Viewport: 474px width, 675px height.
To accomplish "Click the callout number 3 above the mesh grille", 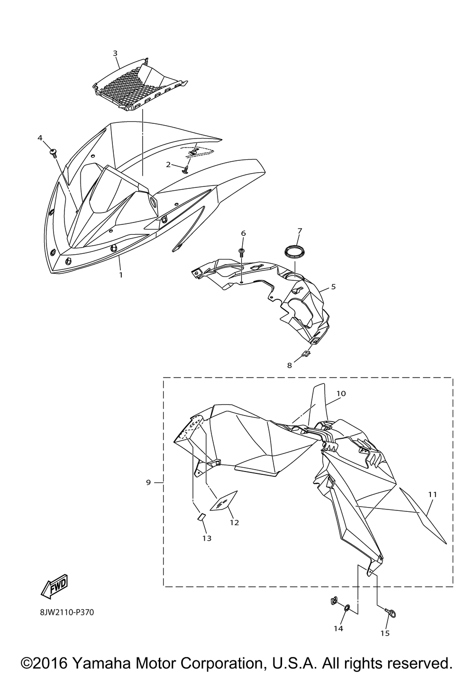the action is (115, 53).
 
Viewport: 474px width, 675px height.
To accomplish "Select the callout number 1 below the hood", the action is (121, 275).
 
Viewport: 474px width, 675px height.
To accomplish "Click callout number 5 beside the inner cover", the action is (333, 287).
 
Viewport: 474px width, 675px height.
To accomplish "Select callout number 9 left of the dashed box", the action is (148, 482).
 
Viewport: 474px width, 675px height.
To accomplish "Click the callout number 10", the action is (341, 393).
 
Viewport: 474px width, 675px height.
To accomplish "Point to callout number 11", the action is (432, 494).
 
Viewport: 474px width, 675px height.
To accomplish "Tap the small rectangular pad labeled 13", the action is (201, 517).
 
